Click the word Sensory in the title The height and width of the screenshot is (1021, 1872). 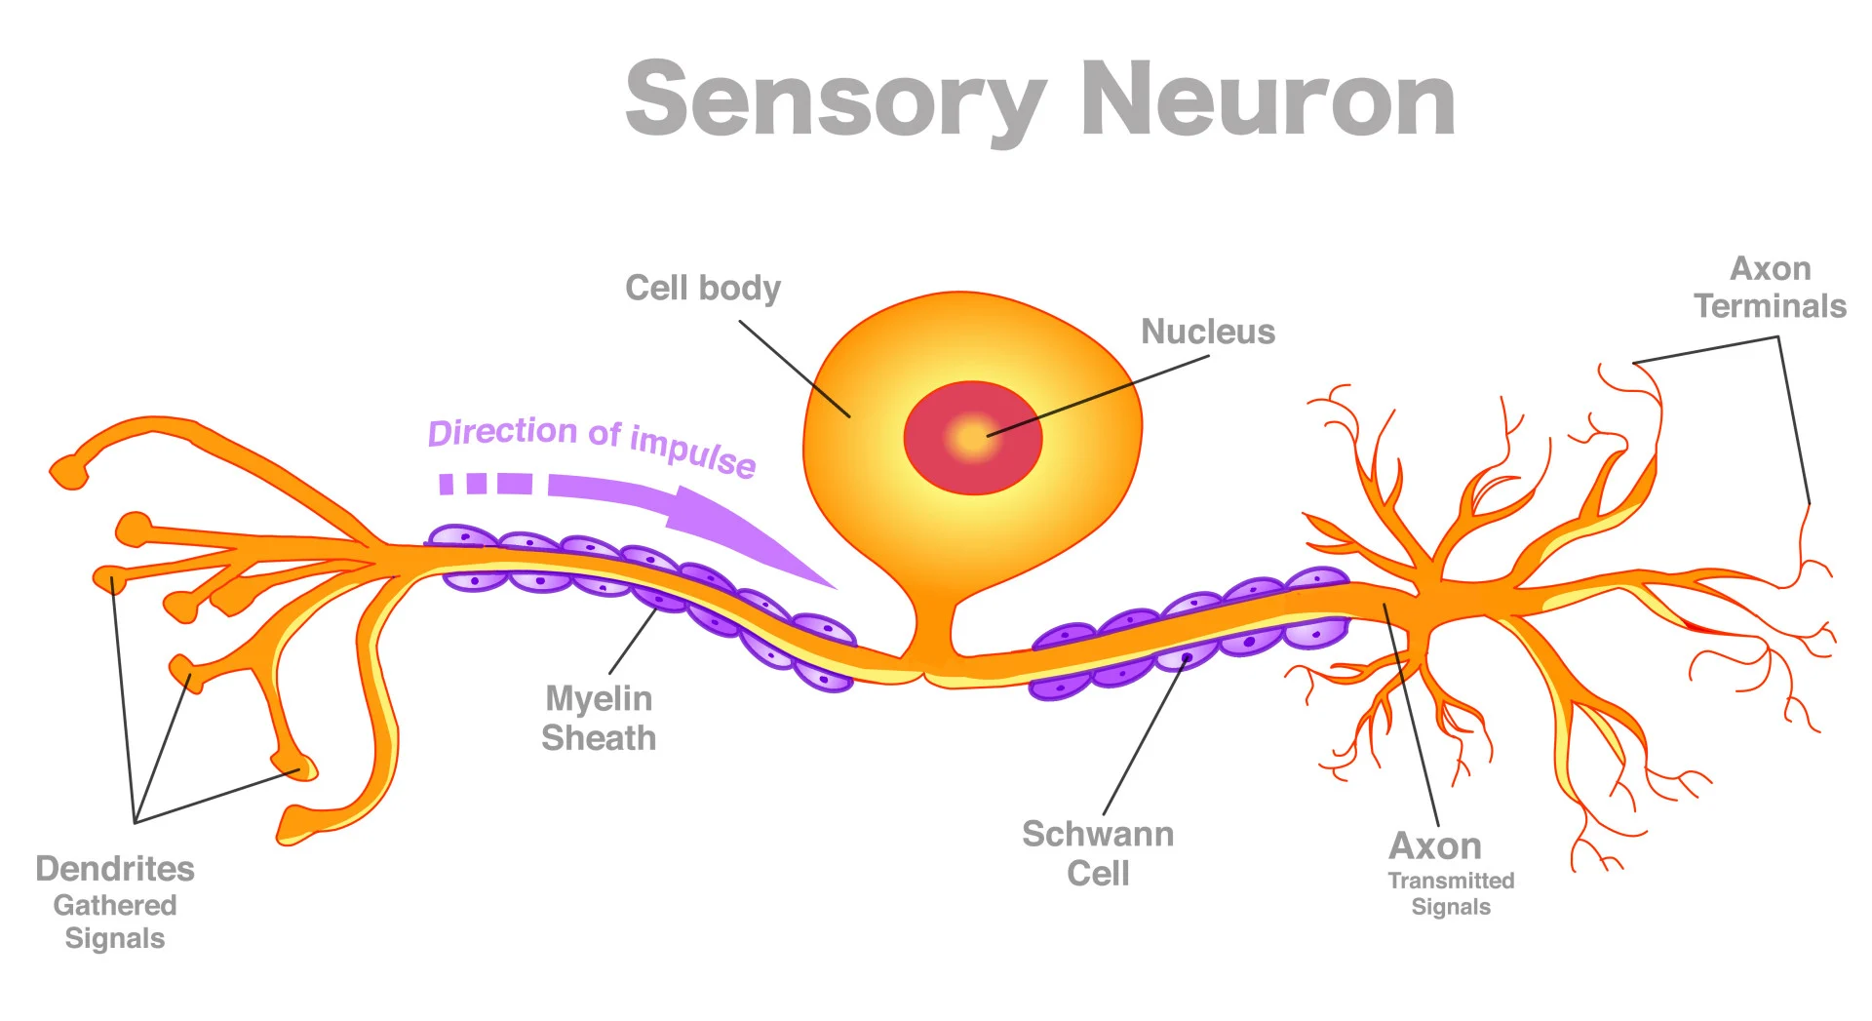(835, 99)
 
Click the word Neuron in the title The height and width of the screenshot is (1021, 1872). (1267, 99)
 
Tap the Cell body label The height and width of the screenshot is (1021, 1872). (702, 288)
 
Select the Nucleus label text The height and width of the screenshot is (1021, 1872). (1207, 332)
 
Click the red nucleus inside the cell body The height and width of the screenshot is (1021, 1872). (931, 468)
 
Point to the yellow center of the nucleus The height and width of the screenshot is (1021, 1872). (972, 437)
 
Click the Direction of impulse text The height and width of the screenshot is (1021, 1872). (591, 444)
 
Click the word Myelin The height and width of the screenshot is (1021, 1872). (598, 698)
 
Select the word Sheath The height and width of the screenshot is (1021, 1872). (598, 738)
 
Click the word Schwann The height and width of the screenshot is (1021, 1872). (1097, 834)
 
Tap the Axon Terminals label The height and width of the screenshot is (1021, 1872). (1770, 288)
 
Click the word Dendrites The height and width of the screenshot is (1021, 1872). (115, 868)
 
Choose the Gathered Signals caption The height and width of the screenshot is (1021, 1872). (115, 922)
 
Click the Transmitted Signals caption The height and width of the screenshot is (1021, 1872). (1450, 893)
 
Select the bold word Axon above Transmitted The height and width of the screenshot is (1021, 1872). (1434, 845)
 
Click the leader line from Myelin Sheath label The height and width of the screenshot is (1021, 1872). (633, 640)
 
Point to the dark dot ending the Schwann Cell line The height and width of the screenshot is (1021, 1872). (1187, 658)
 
